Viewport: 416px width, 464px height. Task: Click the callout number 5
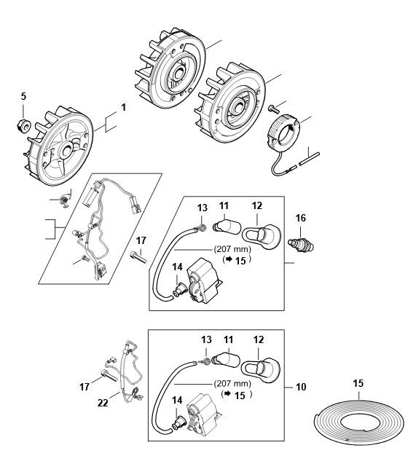23,96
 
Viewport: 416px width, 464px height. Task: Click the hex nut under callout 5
23,125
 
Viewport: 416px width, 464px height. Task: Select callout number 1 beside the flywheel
123,107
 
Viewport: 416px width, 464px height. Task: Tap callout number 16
301,218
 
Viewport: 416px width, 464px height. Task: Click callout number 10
301,387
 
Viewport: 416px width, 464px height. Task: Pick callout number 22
103,403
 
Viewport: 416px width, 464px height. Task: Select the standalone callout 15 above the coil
358,383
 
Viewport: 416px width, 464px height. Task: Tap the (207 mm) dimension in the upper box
232,249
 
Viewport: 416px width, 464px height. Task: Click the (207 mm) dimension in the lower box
232,384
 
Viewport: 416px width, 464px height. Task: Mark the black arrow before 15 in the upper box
229,259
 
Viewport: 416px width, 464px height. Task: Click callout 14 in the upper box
177,267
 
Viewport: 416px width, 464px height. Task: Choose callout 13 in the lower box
206,339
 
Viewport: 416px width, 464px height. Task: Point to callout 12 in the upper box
257,205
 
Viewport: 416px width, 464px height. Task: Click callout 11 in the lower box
228,339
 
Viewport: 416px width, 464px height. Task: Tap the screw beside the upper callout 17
138,256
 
